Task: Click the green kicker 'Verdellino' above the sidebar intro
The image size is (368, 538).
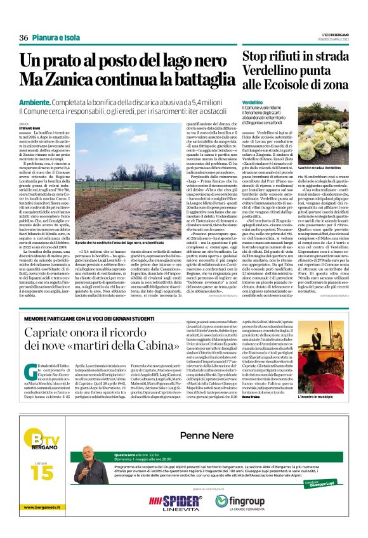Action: pos(253,102)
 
